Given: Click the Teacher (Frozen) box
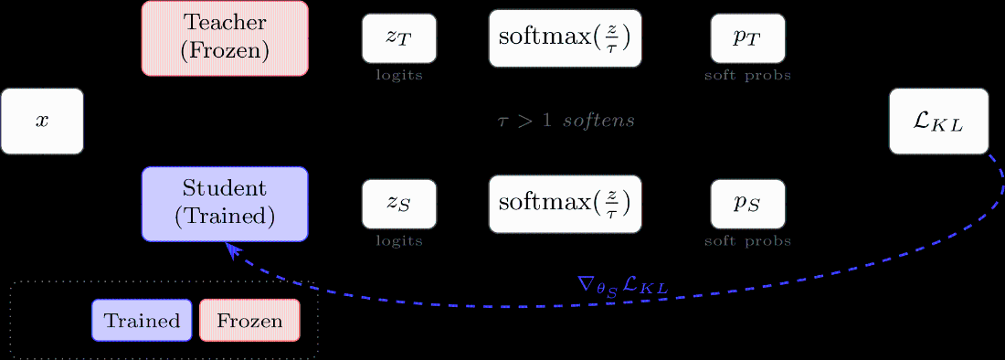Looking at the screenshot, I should [225, 37].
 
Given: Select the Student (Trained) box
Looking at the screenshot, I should [225, 204].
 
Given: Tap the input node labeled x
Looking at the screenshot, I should [42, 121].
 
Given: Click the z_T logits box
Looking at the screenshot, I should [399, 38].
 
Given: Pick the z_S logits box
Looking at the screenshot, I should [399, 204].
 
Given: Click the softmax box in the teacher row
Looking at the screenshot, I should [565, 38].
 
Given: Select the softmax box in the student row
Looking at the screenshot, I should [565, 204].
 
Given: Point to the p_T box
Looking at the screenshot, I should [747, 38].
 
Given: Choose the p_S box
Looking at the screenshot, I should [747, 204].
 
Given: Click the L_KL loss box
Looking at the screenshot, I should [938, 121].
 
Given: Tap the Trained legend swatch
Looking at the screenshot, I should [142, 321].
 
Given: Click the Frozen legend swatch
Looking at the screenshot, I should [249, 321].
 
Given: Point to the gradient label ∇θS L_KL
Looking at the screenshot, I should [622, 286].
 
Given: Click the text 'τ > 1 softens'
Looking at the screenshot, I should [566, 121].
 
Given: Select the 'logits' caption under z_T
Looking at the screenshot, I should [399, 75].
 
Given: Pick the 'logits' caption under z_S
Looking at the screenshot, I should [399, 241].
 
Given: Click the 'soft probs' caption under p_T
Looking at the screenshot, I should [747, 75].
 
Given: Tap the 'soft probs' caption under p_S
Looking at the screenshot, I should [747, 241].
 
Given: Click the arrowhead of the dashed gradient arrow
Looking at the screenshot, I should [232, 249].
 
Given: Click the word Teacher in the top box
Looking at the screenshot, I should [225, 22].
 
